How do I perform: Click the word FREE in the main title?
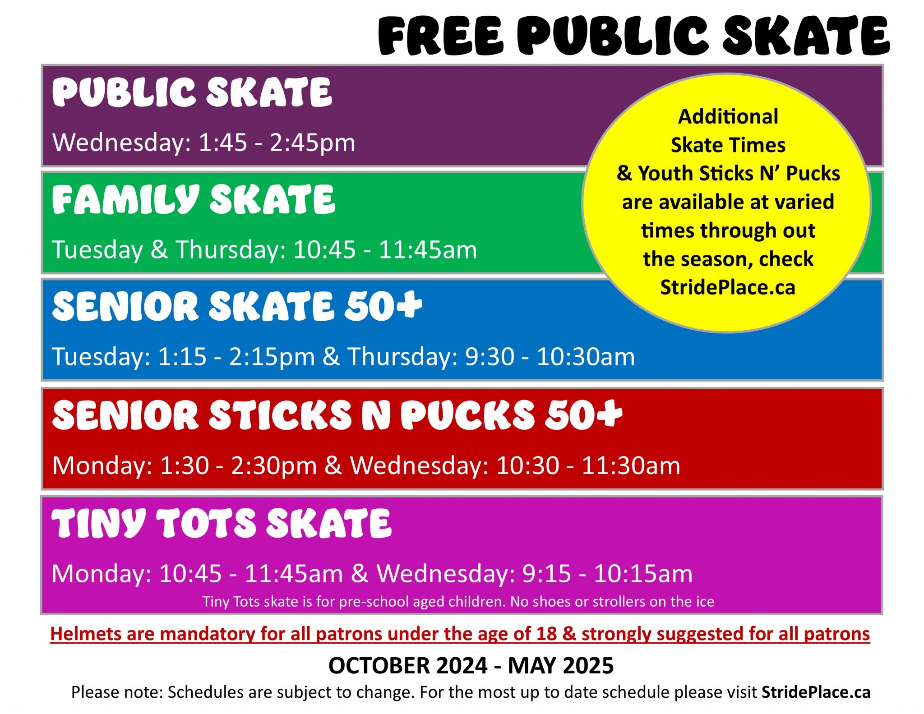tap(441, 36)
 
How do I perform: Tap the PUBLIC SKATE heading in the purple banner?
tap(192, 92)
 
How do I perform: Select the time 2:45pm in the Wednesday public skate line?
tap(312, 143)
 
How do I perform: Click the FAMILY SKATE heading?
tap(194, 200)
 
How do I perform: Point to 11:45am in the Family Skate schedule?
tap(427, 249)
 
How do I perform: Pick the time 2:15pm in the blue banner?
tap(272, 357)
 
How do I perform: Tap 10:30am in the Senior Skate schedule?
tap(586, 357)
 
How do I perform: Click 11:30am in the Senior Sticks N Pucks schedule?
tap(631, 465)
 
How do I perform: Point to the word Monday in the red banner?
tap(102, 466)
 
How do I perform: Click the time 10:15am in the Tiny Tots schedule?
tap(643, 574)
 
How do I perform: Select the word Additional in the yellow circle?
tap(728, 116)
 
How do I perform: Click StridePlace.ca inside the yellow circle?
tap(728, 287)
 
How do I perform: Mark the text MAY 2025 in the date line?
tap(561, 666)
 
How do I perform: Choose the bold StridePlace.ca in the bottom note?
tap(816, 692)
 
